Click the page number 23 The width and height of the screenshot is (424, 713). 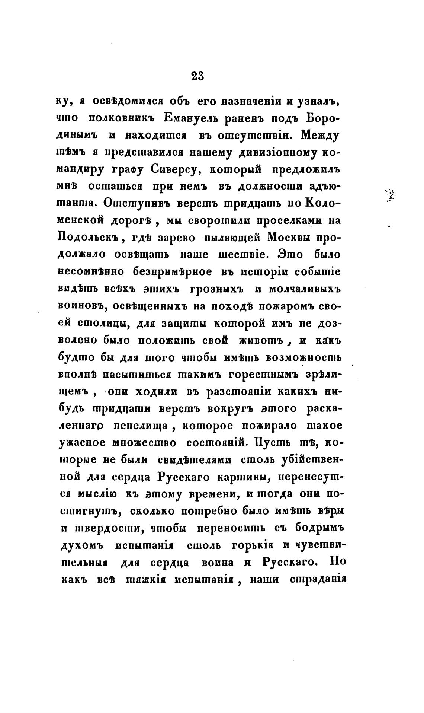197,76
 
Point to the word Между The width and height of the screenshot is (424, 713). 321,135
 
